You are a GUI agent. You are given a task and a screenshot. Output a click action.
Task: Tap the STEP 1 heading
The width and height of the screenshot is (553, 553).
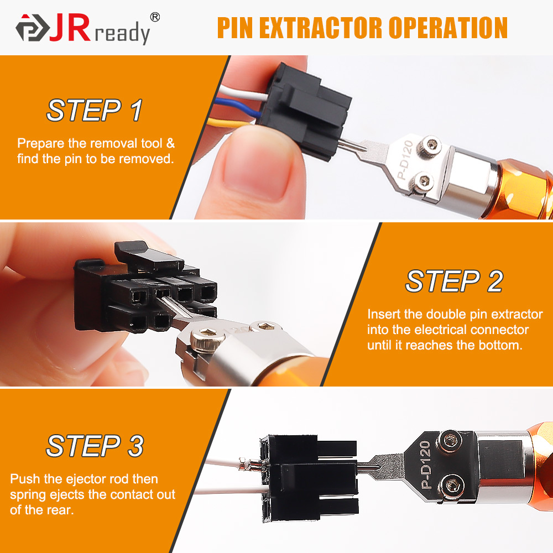[94, 110]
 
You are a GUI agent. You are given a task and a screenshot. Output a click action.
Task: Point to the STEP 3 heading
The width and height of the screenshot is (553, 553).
[95, 446]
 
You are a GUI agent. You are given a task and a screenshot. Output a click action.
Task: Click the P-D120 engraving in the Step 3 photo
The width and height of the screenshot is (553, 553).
[425, 465]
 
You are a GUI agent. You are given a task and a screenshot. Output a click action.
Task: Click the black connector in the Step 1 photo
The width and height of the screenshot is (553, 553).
[307, 111]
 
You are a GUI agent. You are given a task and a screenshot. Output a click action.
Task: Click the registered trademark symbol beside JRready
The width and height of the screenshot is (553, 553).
[155, 17]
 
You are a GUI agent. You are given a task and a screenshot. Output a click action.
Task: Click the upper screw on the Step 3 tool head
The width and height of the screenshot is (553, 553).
[450, 441]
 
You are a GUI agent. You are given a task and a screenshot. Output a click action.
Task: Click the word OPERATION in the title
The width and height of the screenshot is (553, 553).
[450, 28]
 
